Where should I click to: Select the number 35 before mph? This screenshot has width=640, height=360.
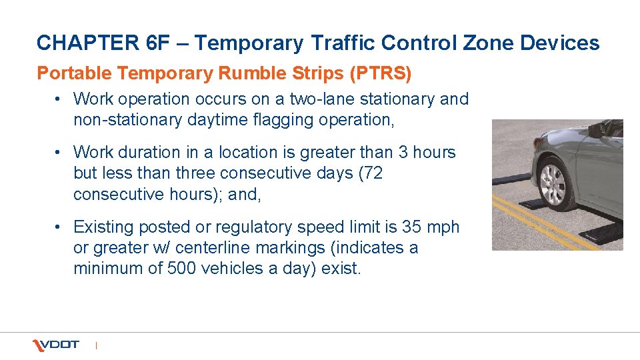[x=411, y=227]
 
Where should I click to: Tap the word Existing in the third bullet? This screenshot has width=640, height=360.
[x=103, y=227]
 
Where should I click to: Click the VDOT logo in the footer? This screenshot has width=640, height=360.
[x=56, y=345]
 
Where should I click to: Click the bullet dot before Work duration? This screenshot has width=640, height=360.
[x=59, y=153]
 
